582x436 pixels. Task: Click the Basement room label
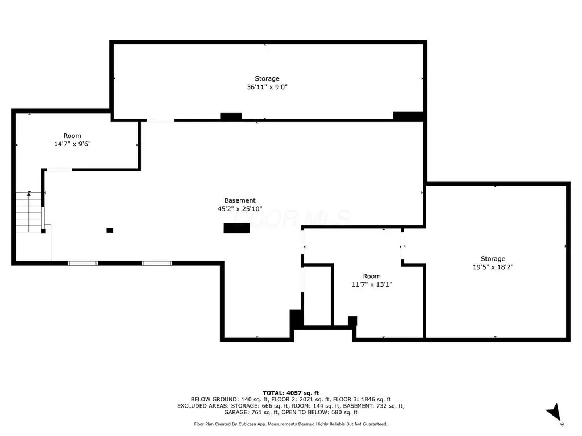240,200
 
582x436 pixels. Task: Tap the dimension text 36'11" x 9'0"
267,87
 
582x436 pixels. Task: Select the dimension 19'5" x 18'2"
493,267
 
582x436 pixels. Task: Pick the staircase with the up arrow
28,212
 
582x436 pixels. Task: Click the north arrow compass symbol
555,413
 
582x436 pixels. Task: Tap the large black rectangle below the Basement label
236,228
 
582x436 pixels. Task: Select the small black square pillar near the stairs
110,230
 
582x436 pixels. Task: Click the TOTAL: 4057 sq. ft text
291,393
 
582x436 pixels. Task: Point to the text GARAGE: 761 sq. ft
251,412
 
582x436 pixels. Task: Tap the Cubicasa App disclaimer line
290,424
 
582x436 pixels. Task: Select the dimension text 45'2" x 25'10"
240,209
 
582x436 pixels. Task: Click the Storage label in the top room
267,78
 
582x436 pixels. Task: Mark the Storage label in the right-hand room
493,258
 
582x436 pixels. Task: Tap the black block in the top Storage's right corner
408,116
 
